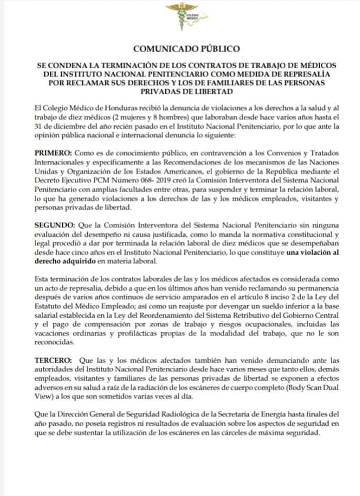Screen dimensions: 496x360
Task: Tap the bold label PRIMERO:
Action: (54, 154)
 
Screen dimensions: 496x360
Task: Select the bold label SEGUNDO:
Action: (54, 226)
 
